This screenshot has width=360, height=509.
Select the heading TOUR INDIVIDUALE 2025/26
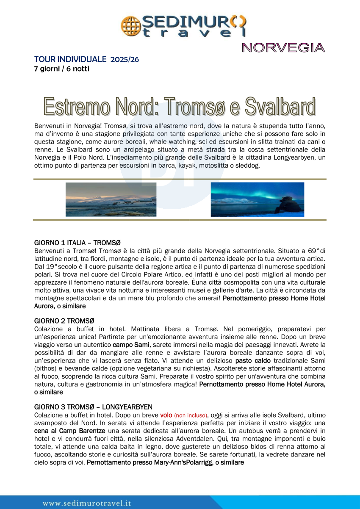tap(86, 59)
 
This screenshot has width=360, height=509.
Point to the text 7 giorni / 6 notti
tap(62, 69)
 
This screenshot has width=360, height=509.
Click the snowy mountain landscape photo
tap(111, 199)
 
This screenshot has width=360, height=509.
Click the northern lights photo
tap(257, 199)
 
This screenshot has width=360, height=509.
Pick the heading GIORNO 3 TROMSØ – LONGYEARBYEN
tap(93, 407)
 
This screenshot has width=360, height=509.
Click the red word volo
tap(166, 415)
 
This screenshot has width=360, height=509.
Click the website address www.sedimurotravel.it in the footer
tap(87, 503)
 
